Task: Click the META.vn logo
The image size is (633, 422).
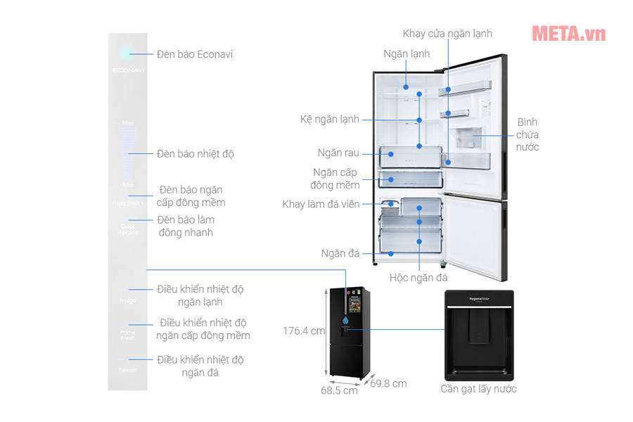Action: click(x=568, y=33)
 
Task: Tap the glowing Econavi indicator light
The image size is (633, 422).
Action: click(x=127, y=53)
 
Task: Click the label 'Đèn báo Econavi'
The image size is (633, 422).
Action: click(x=195, y=54)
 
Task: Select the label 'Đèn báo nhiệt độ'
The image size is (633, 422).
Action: click(x=196, y=153)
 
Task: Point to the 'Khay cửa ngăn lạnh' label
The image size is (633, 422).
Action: click(x=447, y=33)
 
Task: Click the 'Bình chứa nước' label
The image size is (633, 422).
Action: click(x=527, y=134)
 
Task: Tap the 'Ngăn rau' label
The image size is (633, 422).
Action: click(x=338, y=153)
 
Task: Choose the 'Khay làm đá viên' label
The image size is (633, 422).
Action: click(x=321, y=204)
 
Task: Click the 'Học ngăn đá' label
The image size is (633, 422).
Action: click(x=418, y=278)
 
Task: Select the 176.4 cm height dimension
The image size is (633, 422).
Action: click(x=304, y=330)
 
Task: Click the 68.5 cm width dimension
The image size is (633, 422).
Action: click(x=339, y=390)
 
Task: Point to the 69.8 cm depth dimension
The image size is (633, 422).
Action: click(x=388, y=383)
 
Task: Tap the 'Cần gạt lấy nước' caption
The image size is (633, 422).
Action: click(x=479, y=389)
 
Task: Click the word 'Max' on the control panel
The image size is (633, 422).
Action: click(x=128, y=123)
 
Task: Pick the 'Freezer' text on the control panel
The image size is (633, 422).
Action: click(x=127, y=369)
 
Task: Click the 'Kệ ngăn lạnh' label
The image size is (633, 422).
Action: click(x=330, y=120)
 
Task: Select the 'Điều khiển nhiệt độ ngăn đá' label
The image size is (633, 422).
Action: click(x=200, y=366)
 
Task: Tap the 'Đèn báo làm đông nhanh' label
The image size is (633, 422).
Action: click(x=186, y=226)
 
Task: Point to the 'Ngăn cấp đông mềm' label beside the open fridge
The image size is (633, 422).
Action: click(x=335, y=179)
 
